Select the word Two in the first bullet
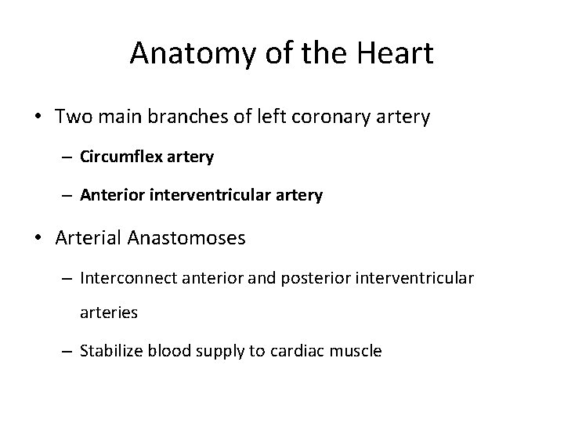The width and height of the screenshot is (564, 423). pyautogui.click(x=72, y=118)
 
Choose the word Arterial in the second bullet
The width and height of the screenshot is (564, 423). pyautogui.click(x=87, y=238)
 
